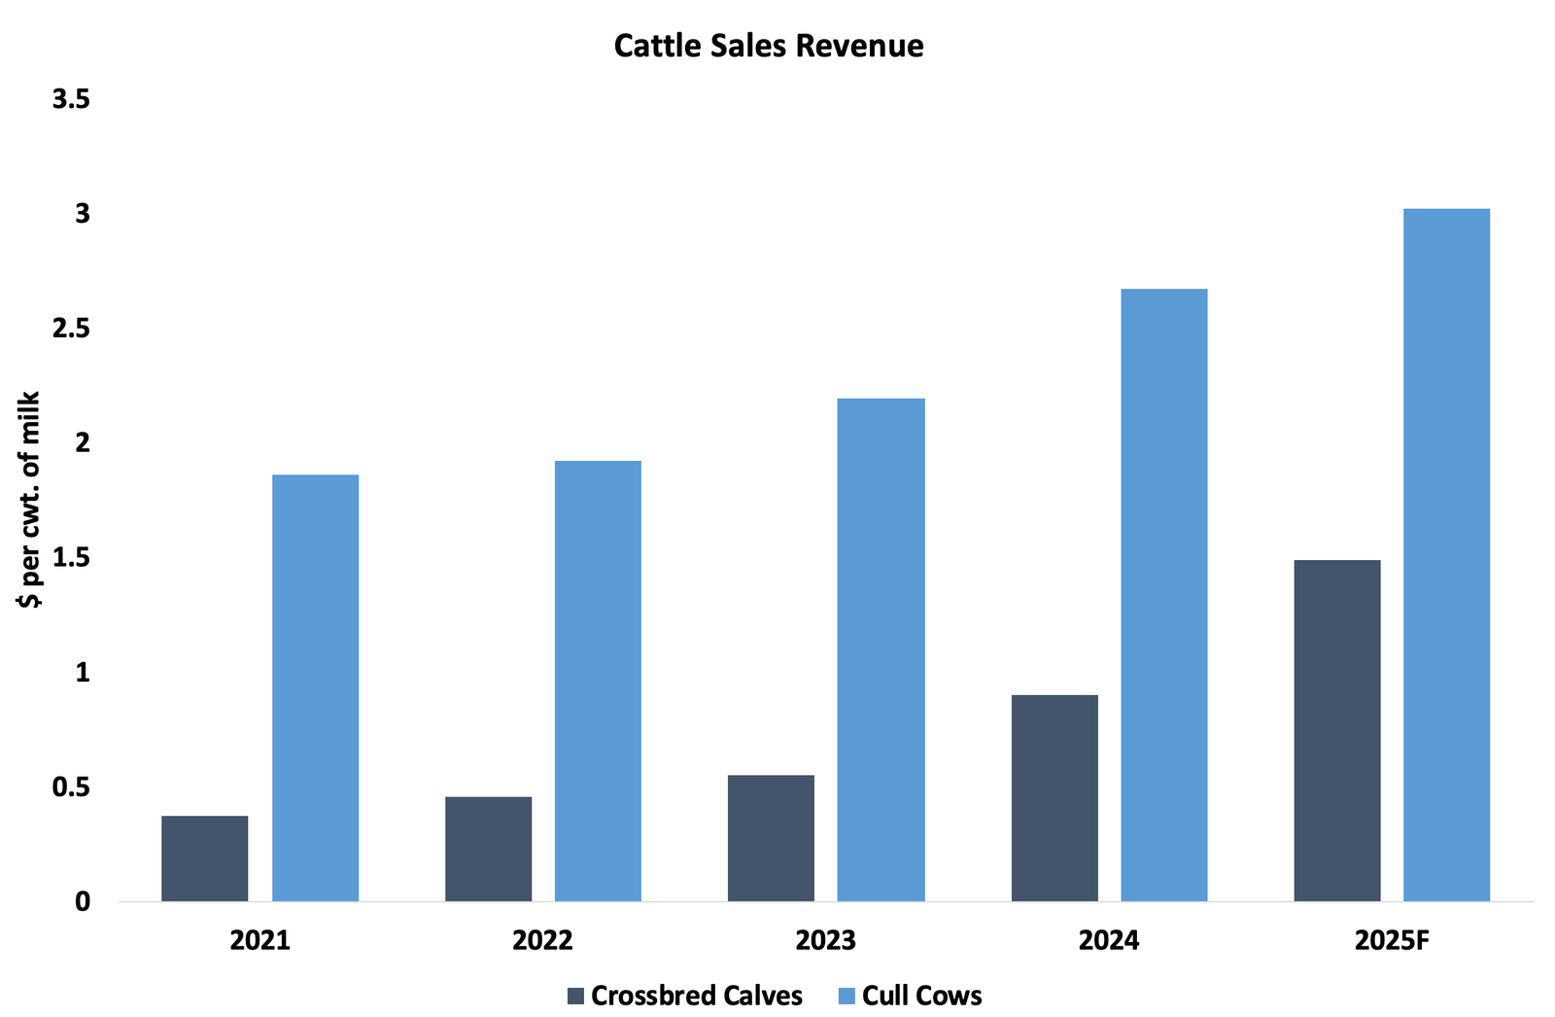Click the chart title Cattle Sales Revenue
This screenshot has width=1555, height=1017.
[x=768, y=46]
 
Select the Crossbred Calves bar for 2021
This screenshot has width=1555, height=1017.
[x=204, y=859]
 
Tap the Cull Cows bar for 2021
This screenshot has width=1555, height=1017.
[x=315, y=687]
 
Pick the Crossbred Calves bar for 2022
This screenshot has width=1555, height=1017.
[x=488, y=849]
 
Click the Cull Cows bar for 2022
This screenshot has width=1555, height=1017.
[x=598, y=681]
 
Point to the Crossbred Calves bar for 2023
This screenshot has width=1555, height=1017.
[x=771, y=838]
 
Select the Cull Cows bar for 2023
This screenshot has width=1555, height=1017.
[x=881, y=649]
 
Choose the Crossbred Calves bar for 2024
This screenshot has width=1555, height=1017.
[x=1054, y=798]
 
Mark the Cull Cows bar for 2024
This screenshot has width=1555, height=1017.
[x=1163, y=595]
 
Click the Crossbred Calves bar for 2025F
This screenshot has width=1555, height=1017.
[x=1337, y=730]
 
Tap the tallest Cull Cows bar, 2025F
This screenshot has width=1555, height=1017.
[x=1446, y=554]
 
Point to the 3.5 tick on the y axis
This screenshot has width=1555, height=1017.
[x=71, y=99]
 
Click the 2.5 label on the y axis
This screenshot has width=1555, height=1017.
[x=71, y=329]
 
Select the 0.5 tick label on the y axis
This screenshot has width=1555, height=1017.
[x=71, y=787]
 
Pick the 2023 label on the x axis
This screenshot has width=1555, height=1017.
[x=826, y=941]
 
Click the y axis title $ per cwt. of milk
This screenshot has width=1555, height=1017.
[x=29, y=500]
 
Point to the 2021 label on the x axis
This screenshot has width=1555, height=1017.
[x=260, y=941]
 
